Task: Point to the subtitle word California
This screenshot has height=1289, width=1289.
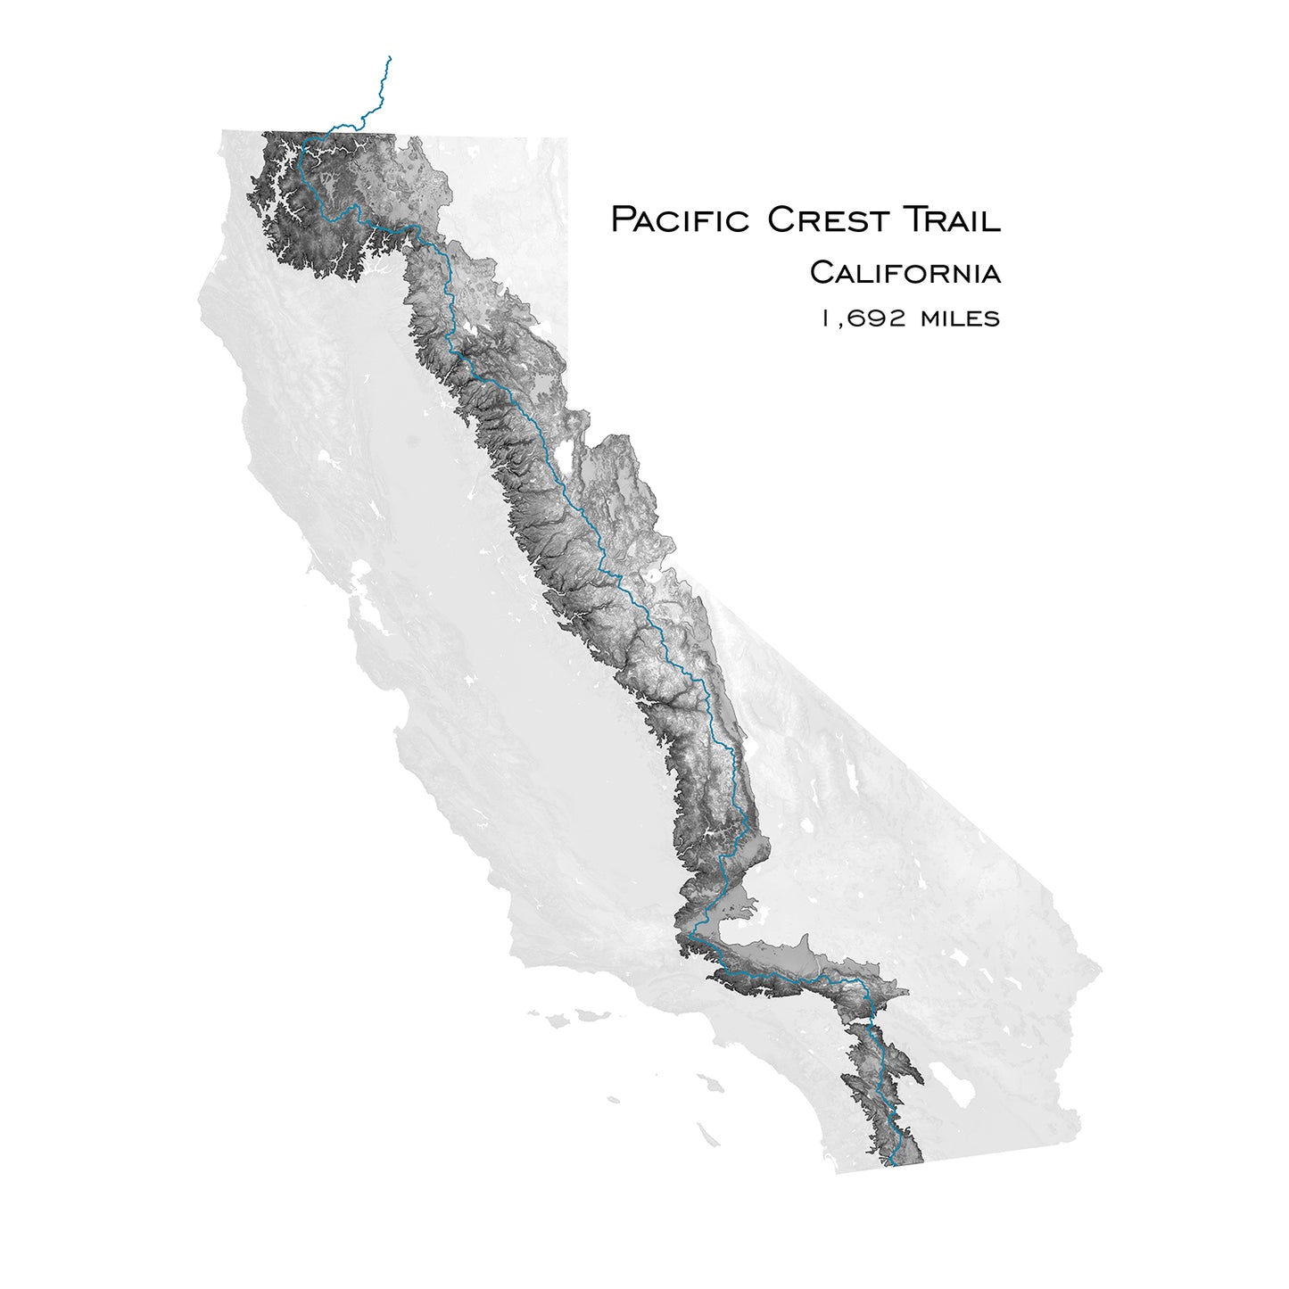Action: pos(905,272)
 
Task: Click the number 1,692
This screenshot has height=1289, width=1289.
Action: pos(863,318)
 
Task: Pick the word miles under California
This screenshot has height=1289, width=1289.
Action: pos(960,318)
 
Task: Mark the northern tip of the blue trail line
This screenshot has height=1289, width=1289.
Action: pos(390,57)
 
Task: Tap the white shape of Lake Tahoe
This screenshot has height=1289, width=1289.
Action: pos(564,455)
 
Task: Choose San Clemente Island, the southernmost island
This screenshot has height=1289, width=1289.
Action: pos(708,1135)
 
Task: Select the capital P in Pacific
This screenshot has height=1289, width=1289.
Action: pos(622,219)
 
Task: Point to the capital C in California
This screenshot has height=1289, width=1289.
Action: pos(820,272)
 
